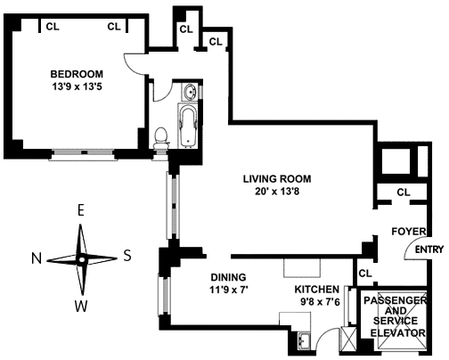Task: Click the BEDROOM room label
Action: coord(77,74)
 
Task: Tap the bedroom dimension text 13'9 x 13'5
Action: coord(77,86)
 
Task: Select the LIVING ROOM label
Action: coord(277,179)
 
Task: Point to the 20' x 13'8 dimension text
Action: coord(277,192)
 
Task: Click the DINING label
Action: coord(228,277)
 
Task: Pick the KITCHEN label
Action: coord(316,289)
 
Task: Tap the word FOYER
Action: coord(409,232)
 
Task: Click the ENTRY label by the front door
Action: coord(429,250)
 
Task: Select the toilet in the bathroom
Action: coord(161,138)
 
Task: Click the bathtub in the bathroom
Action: coord(188,127)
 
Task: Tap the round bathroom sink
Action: coord(190,92)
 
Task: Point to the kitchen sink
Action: coord(305,340)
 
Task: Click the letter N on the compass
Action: coord(37,258)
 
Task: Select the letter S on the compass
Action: coord(127,255)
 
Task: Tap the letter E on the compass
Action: coord(80,210)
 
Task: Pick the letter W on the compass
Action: coord(81,306)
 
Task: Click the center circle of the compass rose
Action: coord(82,260)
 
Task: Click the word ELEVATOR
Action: coord(398,332)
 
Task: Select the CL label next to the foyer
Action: coord(404,192)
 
